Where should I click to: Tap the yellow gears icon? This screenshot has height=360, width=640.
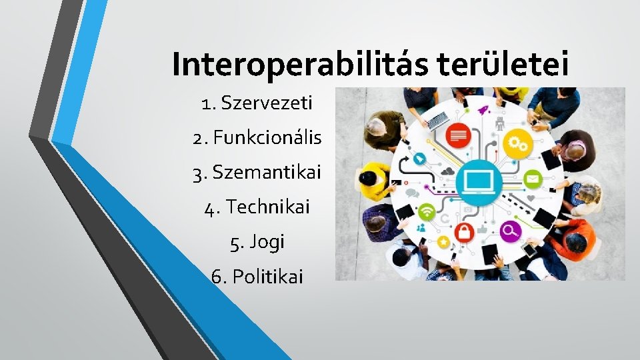coord(515,141)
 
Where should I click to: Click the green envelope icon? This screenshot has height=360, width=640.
coord(533,179)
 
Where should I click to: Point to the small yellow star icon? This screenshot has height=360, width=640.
coord(441,241)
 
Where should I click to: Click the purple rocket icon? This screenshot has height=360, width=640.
coord(483,109)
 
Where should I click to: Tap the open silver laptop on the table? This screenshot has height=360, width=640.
coord(437,120)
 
